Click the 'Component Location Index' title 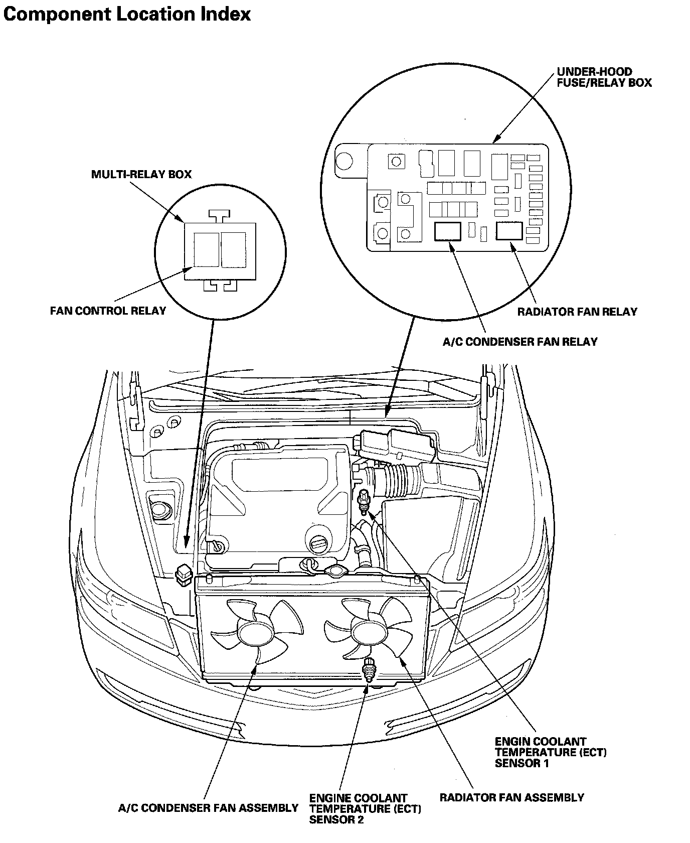[127, 14]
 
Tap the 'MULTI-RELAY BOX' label [141, 175]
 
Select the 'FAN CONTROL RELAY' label [108, 311]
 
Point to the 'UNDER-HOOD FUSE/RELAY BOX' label [604, 77]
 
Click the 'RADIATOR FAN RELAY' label [577, 312]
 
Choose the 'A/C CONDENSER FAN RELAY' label [520, 342]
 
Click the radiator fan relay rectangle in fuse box [509, 231]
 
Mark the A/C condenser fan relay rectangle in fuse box [447, 231]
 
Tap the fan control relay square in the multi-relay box [206, 249]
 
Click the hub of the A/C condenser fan [254, 633]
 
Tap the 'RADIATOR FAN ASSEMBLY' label [511, 797]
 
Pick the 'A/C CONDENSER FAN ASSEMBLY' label [208, 808]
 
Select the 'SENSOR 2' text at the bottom [336, 820]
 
